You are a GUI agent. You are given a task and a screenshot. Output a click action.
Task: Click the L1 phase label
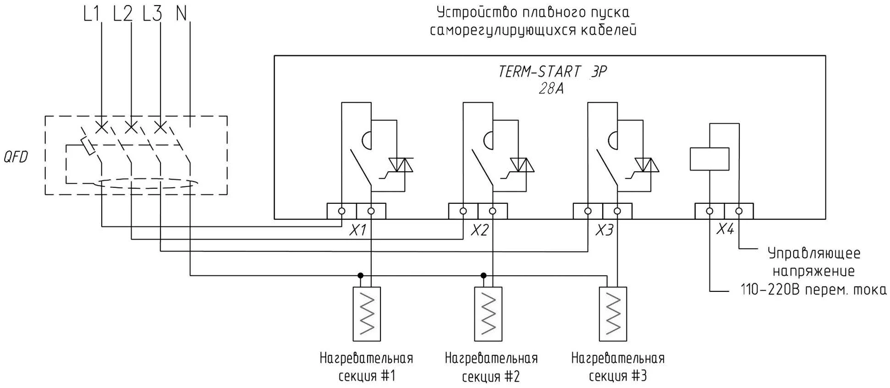(x=92, y=14)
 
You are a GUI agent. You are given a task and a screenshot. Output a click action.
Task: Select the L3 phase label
(x=152, y=14)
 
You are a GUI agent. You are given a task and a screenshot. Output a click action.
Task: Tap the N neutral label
(x=181, y=14)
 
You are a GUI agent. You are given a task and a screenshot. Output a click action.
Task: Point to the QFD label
(x=16, y=157)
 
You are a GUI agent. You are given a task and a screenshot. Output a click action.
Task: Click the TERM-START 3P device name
(x=552, y=72)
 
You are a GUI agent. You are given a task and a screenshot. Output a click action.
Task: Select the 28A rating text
(x=551, y=88)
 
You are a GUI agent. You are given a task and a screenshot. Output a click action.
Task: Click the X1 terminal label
(x=357, y=230)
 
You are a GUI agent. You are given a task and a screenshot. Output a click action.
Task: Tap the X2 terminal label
(x=479, y=230)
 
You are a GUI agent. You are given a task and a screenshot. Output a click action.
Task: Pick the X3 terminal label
(x=604, y=230)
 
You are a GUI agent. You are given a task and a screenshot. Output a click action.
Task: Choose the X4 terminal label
(x=725, y=229)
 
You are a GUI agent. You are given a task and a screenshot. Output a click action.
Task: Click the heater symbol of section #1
(x=367, y=314)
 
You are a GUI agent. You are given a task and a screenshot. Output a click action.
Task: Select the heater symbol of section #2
(x=489, y=314)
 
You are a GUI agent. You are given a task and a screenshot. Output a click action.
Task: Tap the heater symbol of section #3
(x=613, y=314)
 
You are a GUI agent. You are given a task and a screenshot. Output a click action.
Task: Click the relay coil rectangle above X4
(x=709, y=159)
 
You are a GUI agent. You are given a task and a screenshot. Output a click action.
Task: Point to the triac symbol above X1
(x=401, y=165)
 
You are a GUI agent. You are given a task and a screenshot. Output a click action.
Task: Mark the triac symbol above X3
(x=647, y=165)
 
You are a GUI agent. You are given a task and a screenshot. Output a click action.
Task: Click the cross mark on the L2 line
(x=131, y=126)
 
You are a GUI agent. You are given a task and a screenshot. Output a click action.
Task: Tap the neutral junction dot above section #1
(x=361, y=275)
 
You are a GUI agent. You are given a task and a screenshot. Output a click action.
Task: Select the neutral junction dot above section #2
(x=483, y=275)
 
